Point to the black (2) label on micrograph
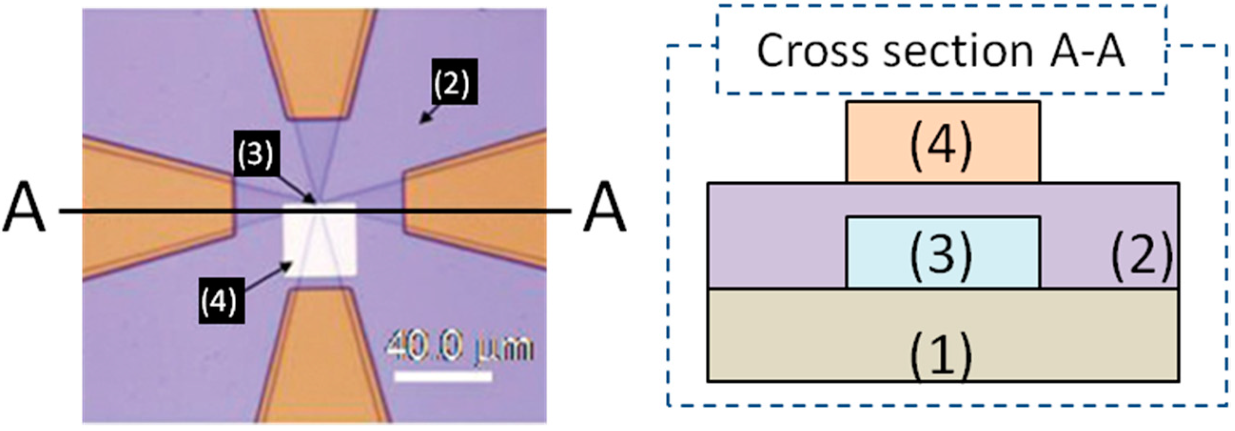coord(453,81)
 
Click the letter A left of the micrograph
coord(24,207)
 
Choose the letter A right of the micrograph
coord(603,207)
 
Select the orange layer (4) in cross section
coord(943,142)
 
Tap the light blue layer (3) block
coord(943,253)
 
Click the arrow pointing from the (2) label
coord(432,115)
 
